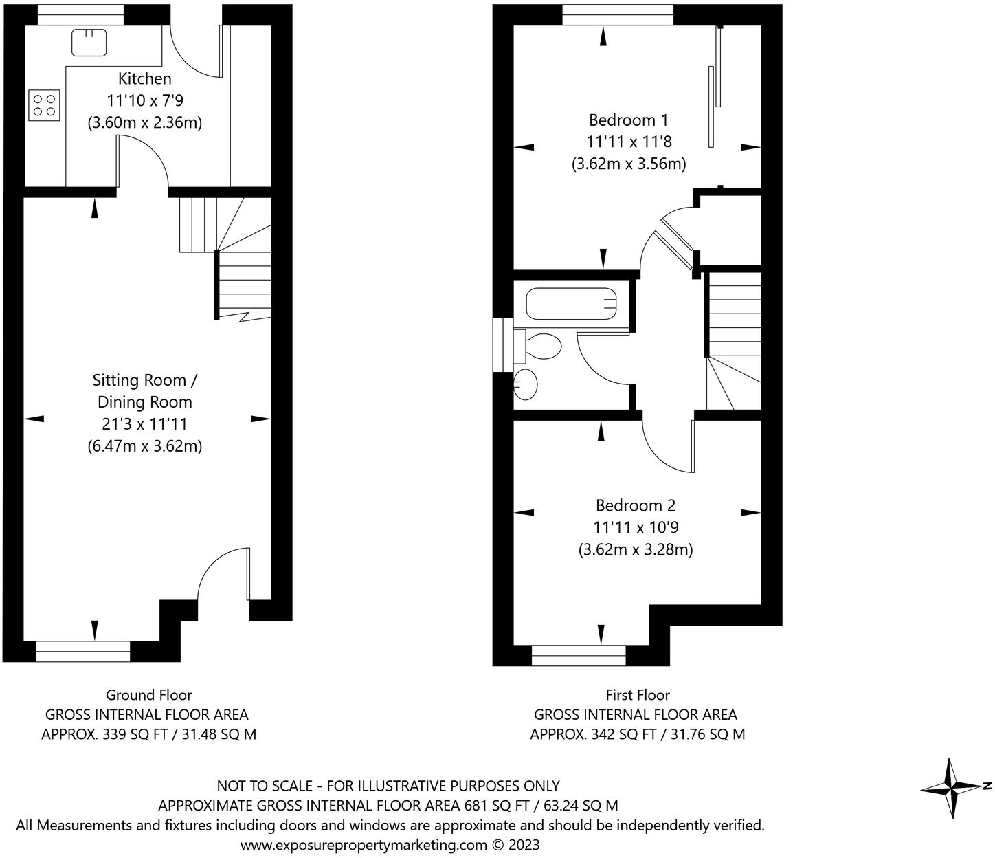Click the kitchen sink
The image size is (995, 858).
tap(89, 42)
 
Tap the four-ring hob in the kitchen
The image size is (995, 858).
tap(45, 104)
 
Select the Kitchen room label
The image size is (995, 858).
tap(144, 78)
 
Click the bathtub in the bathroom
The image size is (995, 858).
tap(570, 304)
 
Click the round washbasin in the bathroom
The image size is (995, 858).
tap(526, 384)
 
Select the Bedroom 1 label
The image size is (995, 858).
tap(628, 120)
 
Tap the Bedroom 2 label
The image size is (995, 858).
tap(636, 506)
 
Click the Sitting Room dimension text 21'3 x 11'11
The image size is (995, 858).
tap(144, 424)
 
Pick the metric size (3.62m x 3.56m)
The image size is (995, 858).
tap(629, 164)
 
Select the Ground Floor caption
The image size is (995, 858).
tap(148, 695)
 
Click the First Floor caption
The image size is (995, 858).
tap(638, 695)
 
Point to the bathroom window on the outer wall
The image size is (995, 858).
tap(503, 344)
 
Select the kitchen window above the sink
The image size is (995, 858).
tap(80, 14)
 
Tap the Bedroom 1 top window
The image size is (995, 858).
tap(617, 14)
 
